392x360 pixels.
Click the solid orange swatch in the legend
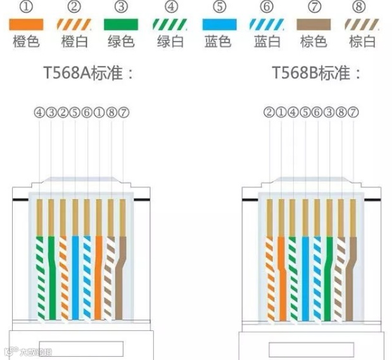(26, 25)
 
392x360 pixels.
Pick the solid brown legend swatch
(313, 25)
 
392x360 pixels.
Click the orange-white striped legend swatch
(74, 25)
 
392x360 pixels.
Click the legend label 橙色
(26, 42)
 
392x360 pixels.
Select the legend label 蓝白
(267, 42)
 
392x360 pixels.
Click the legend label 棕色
(313, 42)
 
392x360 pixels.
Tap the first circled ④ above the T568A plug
(39, 113)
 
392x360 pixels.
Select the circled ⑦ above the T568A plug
(123, 113)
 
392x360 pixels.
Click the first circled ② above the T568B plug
(269, 113)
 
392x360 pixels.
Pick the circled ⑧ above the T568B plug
(341, 113)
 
